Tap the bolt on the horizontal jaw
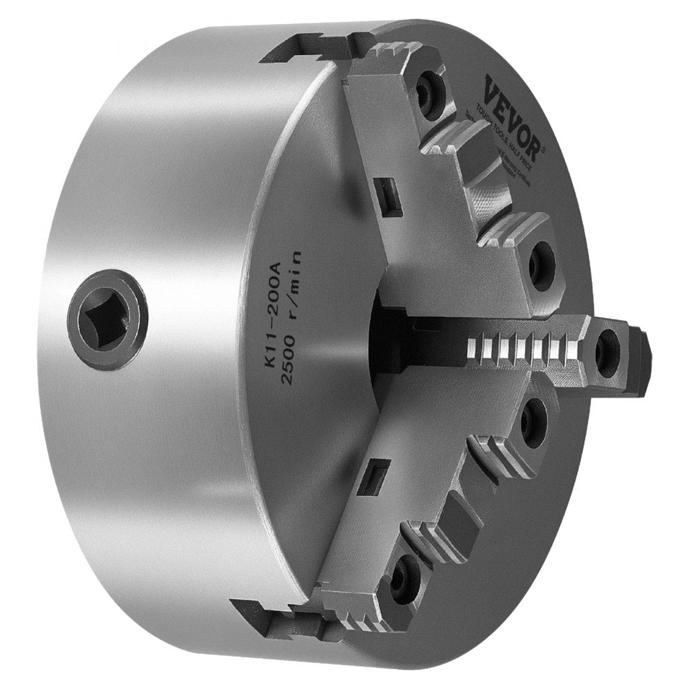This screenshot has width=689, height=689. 606,352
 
